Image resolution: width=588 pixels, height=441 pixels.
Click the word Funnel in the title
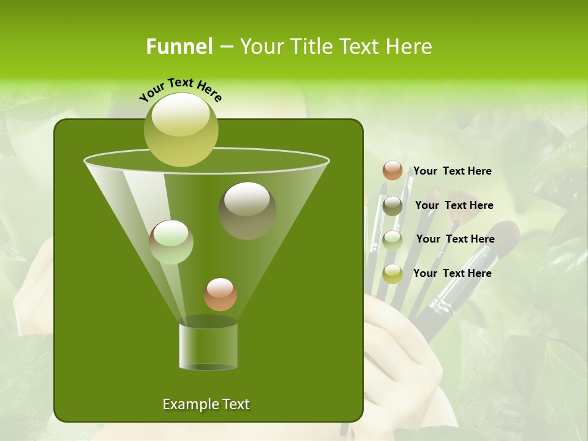pyautogui.click(x=179, y=47)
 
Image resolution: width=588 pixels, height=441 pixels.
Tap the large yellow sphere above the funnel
pyautogui.click(x=181, y=129)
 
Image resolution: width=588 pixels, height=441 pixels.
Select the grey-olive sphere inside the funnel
pyautogui.click(x=247, y=210)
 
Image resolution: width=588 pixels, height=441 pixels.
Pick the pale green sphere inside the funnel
pyautogui.click(x=171, y=241)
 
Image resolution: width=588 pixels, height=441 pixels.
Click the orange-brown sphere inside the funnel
pyautogui.click(x=220, y=294)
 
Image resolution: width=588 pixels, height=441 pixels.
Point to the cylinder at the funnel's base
pyautogui.click(x=208, y=346)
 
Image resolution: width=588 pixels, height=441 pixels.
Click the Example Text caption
pyautogui.click(x=206, y=404)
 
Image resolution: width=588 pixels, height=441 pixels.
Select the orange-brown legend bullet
pyautogui.click(x=393, y=170)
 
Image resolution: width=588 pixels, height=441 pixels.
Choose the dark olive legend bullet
pyautogui.click(x=393, y=206)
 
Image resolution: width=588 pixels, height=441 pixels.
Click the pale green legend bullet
pyautogui.click(x=393, y=239)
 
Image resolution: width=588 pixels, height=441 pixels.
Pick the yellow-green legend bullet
pyautogui.click(x=393, y=274)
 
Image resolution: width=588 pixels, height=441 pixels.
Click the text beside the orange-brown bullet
pyautogui.click(x=452, y=171)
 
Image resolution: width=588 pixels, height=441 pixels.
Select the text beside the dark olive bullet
pyautogui.click(x=454, y=205)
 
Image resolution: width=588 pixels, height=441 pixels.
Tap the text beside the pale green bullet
pyautogui.click(x=455, y=239)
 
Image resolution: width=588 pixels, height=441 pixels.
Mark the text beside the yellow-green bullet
pyautogui.click(x=452, y=273)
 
